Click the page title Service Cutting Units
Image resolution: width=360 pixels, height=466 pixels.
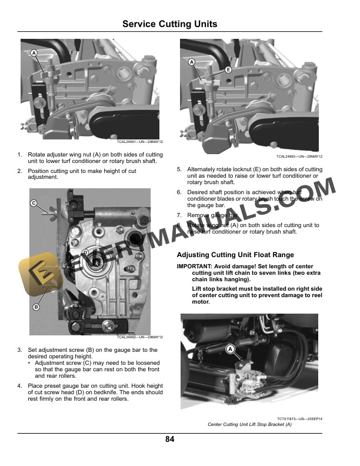tap(169, 24)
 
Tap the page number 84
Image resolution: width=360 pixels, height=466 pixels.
tap(169, 439)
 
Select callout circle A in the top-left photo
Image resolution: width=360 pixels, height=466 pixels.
tap(34, 54)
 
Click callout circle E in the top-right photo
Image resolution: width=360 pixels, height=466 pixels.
tap(228, 69)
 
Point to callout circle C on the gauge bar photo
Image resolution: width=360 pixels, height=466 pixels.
tap(34, 204)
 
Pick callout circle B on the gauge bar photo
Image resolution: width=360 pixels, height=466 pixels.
tap(35, 307)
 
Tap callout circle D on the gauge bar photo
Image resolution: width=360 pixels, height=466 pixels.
tap(85, 252)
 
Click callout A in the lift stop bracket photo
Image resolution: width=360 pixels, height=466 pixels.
tap(231, 349)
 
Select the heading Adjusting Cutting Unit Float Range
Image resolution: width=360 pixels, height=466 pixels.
tap(235, 255)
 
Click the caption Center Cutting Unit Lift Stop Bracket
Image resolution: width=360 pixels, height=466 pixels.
tap(249, 424)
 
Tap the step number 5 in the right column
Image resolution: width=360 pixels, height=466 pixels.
tap(179, 169)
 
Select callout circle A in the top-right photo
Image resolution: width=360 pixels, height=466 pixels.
tap(192, 62)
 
